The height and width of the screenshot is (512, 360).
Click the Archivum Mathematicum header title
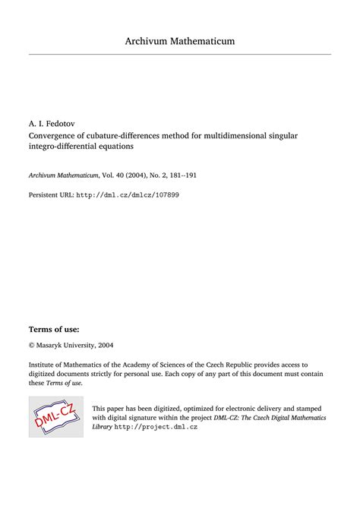pyautogui.click(x=180, y=40)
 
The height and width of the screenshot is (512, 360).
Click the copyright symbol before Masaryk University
pyautogui.click(x=32, y=345)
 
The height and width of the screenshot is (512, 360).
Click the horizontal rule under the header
pyautogui.click(x=180, y=54)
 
